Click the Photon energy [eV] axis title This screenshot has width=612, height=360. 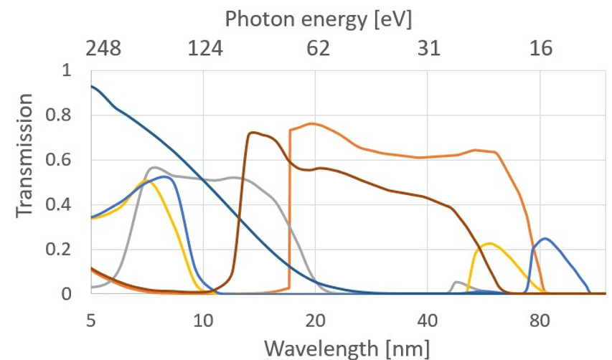pyautogui.click(x=318, y=19)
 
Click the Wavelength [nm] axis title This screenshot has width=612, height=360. pyautogui.click(x=347, y=349)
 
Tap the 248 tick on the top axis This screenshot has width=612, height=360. pyautogui.click(x=103, y=49)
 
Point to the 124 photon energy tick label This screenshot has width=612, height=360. pyautogui.click(x=206, y=49)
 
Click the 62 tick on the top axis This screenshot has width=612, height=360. pyautogui.click(x=317, y=49)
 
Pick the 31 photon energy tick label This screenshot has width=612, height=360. pyautogui.click(x=428, y=49)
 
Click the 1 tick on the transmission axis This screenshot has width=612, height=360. pyautogui.click(x=67, y=71)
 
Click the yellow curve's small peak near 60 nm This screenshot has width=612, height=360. pyautogui.click(x=489, y=244)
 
